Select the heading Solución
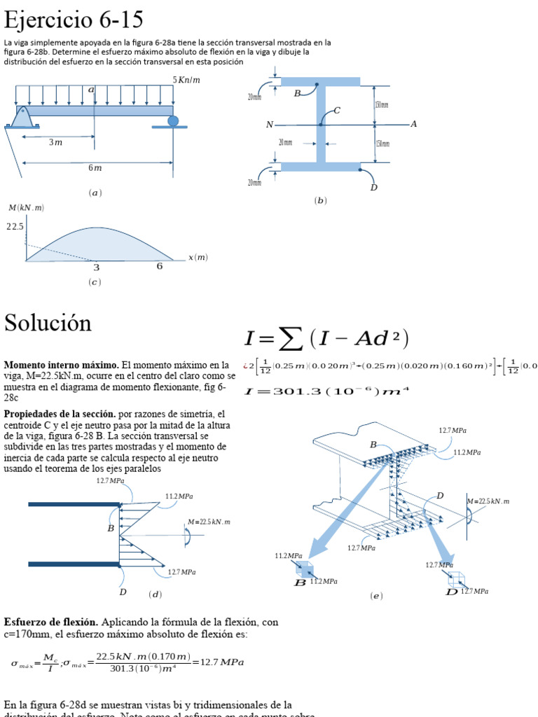point(48,323)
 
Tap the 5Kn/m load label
point(186,80)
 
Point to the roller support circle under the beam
point(173,121)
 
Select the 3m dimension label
point(55,142)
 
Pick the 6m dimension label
point(95,167)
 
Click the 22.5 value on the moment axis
point(15,227)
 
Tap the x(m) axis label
point(198,258)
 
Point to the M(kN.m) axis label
point(26,208)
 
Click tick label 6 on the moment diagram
point(159,267)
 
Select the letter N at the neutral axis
point(269,125)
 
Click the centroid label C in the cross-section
point(337,111)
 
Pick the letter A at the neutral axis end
point(413,124)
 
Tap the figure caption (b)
point(321,200)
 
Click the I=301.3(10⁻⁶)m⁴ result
point(326,391)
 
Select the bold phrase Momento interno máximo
point(62,365)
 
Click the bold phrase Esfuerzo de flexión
point(52,622)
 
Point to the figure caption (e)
point(376,596)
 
